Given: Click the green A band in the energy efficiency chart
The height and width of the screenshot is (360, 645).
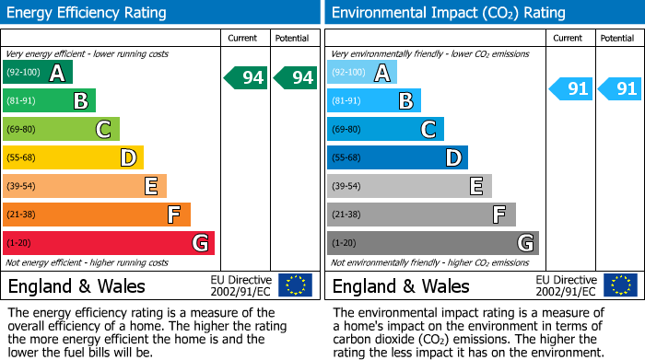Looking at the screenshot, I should coord(37,73).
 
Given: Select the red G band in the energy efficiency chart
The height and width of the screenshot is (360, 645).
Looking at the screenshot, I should coord(108,243).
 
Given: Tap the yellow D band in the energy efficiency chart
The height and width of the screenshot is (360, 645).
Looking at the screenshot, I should coord(73,158).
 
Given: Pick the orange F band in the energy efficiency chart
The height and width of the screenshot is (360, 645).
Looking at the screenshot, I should coord(96,215).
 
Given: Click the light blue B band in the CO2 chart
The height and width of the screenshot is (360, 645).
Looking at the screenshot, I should coord(373,101).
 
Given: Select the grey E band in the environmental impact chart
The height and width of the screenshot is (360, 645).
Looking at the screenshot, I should coord(409,186).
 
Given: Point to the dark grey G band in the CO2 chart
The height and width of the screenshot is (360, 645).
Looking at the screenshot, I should coord(432,243).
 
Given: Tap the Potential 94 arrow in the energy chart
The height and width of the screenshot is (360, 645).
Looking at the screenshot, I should coord(295,78).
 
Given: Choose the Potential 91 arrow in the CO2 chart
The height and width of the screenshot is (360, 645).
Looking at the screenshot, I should coord(620,89).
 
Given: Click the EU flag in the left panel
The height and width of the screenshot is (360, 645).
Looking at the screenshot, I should coord(295,285).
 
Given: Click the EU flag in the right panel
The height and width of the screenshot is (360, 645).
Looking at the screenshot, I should coord(619,285).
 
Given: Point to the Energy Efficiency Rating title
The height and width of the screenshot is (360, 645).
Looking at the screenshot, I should coord(87,13).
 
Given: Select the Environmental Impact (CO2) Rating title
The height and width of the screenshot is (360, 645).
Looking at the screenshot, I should coord(448,13).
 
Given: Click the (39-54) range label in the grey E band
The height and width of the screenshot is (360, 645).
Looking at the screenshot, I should coord(346,187).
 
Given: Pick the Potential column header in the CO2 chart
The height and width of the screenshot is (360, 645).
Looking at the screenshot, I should coord(617,39).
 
